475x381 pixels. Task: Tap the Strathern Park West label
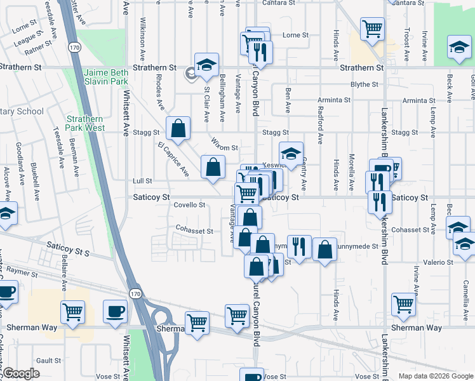86,123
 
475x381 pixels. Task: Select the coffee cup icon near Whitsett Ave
115,311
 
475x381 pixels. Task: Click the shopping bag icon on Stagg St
178,129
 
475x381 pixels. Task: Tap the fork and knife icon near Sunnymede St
299,246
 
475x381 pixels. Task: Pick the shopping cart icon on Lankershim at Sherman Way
404,305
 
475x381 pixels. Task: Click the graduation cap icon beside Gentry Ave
291,154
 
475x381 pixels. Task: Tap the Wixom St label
225,147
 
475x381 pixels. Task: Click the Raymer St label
23,272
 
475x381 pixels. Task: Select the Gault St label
48,360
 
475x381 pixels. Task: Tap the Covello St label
189,205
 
